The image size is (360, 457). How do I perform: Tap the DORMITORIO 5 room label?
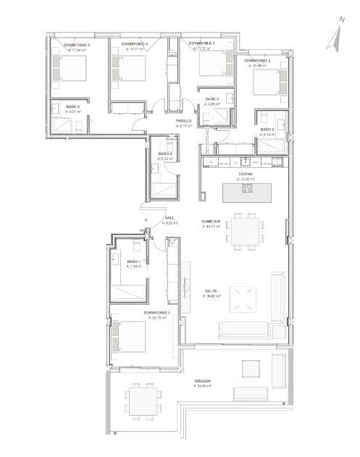click(76, 45)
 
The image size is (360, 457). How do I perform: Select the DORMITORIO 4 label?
click(135, 45)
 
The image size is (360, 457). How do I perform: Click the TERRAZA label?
click(202, 381)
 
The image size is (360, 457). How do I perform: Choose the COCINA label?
click(245, 175)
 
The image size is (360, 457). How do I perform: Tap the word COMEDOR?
click(211, 221)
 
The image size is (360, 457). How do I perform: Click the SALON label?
click(212, 291)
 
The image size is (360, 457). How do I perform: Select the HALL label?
click(169, 218)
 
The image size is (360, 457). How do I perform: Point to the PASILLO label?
click(184, 121)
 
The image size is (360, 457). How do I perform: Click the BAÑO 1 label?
click(133, 261)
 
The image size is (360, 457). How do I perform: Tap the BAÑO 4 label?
click(165, 154)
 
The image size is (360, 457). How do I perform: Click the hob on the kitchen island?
click(247, 189)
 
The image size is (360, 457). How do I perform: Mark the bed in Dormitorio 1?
click(127, 338)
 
